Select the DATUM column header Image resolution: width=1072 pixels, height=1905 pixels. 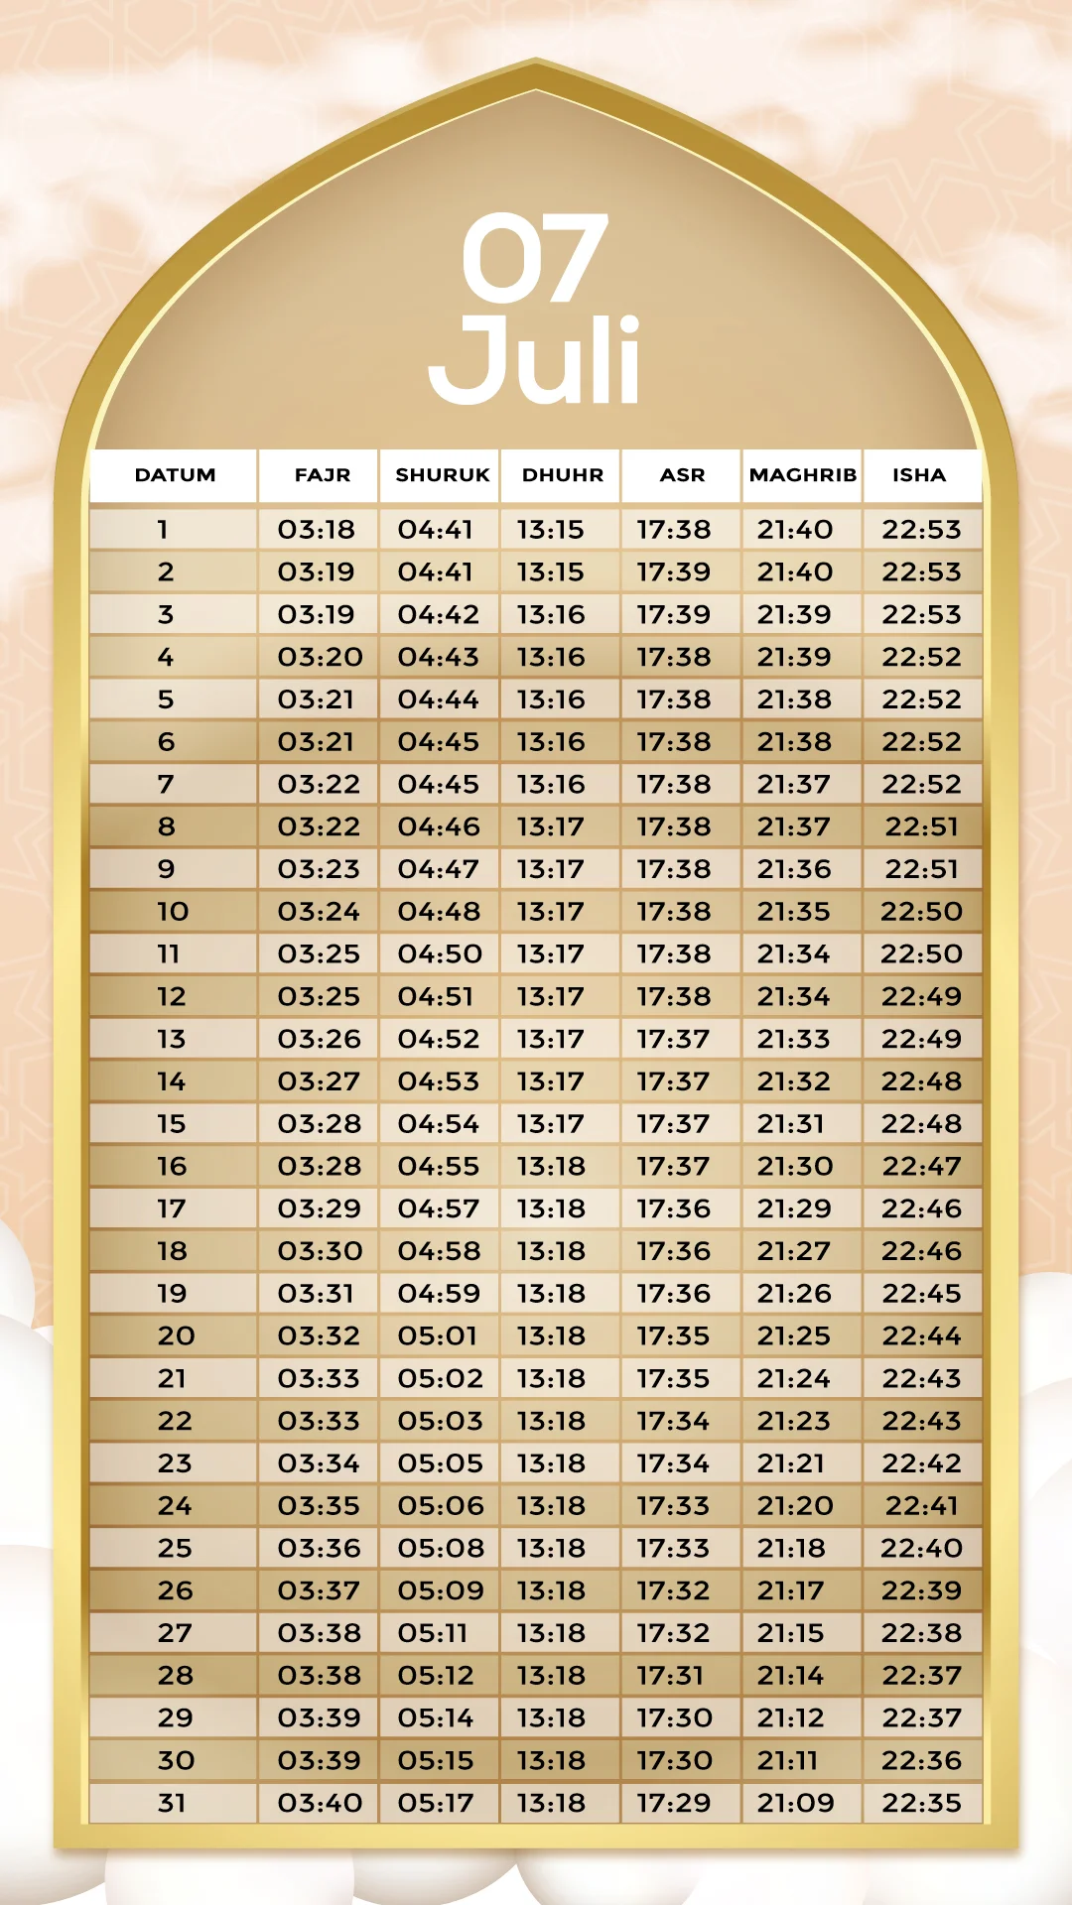(x=175, y=475)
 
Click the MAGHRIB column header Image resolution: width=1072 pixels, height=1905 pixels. (x=802, y=475)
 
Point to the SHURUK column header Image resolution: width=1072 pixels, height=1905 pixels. (x=442, y=475)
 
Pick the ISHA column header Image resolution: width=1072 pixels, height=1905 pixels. (x=919, y=475)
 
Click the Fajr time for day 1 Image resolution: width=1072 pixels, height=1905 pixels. (x=316, y=530)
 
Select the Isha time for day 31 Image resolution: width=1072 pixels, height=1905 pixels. (x=921, y=1803)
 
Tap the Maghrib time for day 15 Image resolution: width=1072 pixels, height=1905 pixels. (x=791, y=1124)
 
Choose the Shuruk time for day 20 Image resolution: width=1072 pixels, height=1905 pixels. (x=438, y=1336)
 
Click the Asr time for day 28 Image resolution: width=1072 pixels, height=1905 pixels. (x=670, y=1676)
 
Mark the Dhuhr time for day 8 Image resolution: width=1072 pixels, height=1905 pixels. (x=550, y=826)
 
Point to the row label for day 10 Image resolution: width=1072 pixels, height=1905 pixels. (x=173, y=912)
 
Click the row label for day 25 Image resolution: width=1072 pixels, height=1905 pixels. (x=175, y=1549)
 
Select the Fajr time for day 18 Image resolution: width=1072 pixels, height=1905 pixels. (x=320, y=1251)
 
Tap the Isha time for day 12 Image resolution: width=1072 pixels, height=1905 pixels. (x=921, y=997)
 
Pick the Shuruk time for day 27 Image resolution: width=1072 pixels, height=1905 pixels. (x=433, y=1633)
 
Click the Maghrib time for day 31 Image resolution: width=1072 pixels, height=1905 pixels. (x=795, y=1803)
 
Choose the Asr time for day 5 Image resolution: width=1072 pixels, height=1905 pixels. (x=673, y=699)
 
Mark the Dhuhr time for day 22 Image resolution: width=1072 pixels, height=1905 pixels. (x=551, y=1421)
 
